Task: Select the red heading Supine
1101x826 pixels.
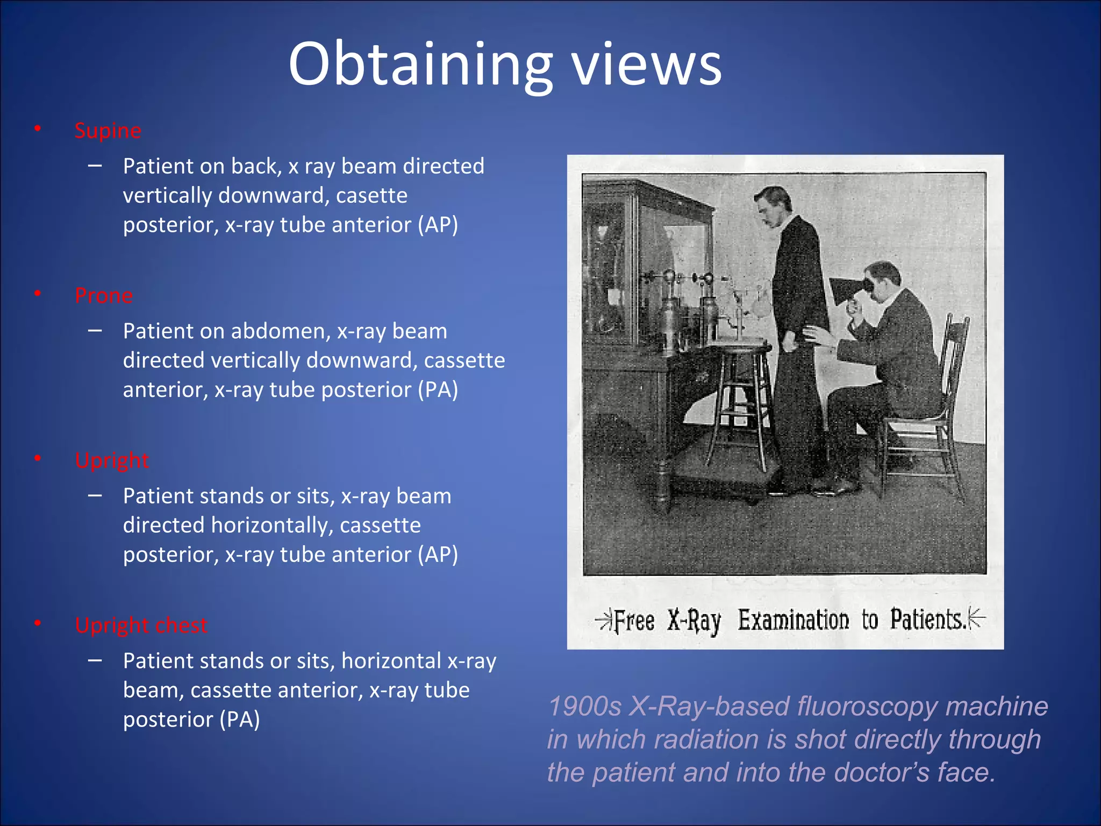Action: coord(108,131)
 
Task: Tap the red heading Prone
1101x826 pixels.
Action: coord(104,296)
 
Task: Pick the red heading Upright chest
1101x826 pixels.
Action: coord(141,625)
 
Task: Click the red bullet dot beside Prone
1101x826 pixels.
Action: coord(38,294)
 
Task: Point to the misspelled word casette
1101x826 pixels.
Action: coord(371,195)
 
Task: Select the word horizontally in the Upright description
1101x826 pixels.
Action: coord(272,525)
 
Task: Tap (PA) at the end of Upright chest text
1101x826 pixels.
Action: coord(240,720)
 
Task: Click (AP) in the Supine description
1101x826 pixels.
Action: coord(438,225)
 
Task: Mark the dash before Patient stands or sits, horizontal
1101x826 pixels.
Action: coord(95,660)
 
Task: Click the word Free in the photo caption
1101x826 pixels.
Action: coord(634,621)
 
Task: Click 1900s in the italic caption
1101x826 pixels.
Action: coord(584,706)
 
